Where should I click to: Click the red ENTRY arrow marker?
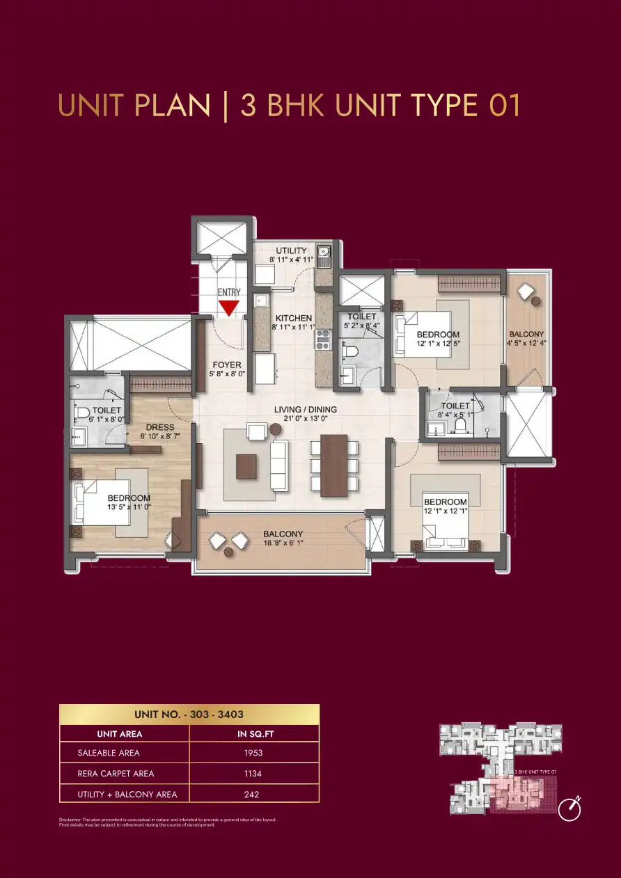(228, 308)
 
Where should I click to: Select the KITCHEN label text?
(293, 318)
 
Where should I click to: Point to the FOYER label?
(227, 365)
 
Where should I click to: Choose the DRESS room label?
(159, 427)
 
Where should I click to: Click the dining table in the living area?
(334, 465)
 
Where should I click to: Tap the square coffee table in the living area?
(246, 466)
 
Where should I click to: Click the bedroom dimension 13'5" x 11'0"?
(129, 507)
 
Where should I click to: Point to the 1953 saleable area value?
(253, 753)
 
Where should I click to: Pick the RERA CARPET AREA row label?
(116, 774)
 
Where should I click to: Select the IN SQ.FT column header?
(253, 734)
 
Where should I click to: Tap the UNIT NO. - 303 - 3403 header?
(189, 715)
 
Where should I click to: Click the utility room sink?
(324, 252)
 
